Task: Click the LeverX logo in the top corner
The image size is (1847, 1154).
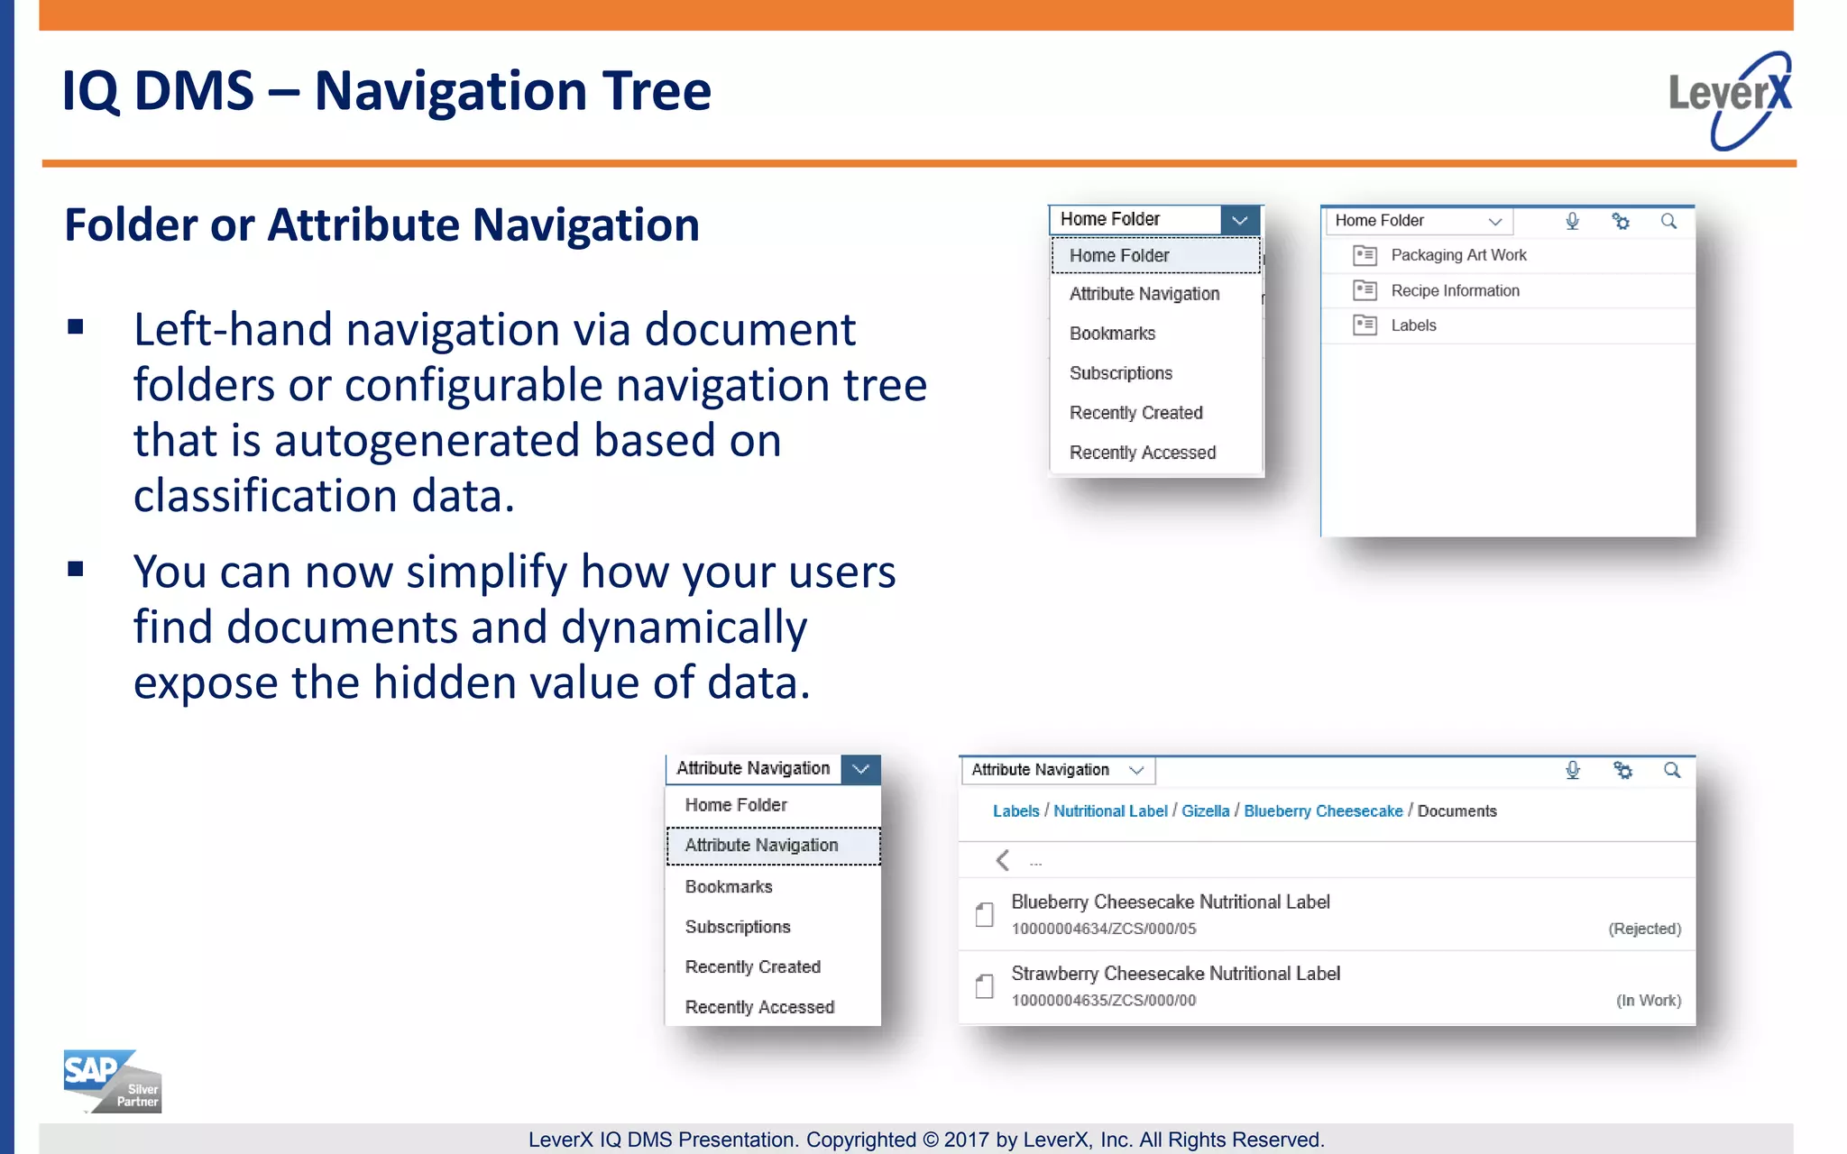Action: [1729, 99]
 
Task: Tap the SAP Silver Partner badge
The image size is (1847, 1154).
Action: [112, 1081]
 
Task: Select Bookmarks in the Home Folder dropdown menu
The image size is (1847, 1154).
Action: [1112, 334]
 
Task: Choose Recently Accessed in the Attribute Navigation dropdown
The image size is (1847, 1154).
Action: [759, 1007]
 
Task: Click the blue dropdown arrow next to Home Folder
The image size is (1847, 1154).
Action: [1239, 220]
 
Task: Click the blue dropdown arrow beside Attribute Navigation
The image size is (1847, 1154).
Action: [860, 769]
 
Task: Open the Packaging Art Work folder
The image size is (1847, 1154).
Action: [1458, 255]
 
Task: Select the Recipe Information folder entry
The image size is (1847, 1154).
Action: [1455, 290]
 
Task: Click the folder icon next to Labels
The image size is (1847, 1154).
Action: [1365, 325]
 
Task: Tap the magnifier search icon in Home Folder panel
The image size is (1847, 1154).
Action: [1668, 221]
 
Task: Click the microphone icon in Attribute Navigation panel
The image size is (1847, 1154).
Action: [1572, 770]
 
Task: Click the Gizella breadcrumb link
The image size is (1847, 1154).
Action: [1205, 811]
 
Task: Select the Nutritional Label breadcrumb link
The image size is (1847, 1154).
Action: [1110, 811]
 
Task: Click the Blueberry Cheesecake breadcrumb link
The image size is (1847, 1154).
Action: [1323, 811]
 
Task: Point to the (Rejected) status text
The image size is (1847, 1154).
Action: [1644, 929]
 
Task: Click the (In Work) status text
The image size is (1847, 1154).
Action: [1648, 1001]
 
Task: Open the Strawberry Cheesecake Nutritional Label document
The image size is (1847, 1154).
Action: [1175, 974]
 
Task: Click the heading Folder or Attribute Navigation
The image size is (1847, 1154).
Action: [381, 224]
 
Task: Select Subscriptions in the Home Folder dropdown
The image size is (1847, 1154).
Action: [1120, 373]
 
